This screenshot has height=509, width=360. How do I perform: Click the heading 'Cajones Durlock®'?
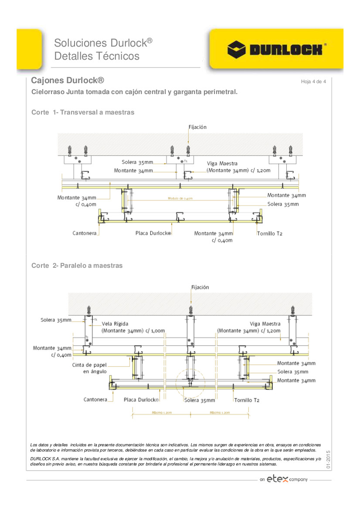pyautogui.click(x=68, y=81)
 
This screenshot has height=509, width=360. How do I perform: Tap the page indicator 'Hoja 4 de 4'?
pyautogui.click(x=313, y=82)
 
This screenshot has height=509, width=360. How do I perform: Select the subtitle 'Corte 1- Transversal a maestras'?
pyautogui.click(x=83, y=112)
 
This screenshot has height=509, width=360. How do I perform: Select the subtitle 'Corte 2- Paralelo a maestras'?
pyautogui.click(x=77, y=266)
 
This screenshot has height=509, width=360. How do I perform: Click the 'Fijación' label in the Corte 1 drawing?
pyautogui.click(x=197, y=127)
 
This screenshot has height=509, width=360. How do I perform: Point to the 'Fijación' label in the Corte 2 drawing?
pyautogui.click(x=200, y=287)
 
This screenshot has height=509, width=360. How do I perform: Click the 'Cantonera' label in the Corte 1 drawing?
pyautogui.click(x=84, y=233)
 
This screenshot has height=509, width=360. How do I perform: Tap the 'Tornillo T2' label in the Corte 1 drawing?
pyautogui.click(x=269, y=234)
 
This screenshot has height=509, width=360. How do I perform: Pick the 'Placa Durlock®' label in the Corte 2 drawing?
pyautogui.click(x=141, y=400)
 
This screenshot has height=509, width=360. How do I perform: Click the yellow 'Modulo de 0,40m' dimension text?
pyautogui.click(x=180, y=199)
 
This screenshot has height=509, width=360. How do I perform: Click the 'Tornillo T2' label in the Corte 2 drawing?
pyautogui.click(x=247, y=400)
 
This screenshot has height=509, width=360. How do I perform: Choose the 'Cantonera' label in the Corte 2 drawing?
pyautogui.click(x=95, y=400)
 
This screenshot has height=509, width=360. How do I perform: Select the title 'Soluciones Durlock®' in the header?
pyautogui.click(x=103, y=43)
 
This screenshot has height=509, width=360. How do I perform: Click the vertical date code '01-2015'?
pyautogui.click(x=328, y=460)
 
